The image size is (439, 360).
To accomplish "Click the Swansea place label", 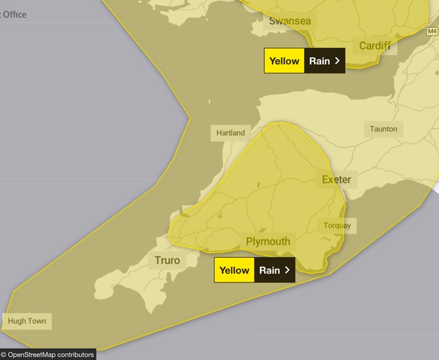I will [289, 21].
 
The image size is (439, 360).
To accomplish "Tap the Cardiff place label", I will [375, 46].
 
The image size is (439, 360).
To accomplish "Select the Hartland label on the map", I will [230, 132].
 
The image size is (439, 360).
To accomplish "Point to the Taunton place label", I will [383, 128].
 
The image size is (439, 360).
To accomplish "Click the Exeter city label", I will [336, 180].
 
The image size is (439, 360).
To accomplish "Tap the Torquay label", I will [337, 226].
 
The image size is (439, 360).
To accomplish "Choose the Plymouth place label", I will [268, 241].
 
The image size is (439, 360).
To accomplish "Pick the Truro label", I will [167, 261].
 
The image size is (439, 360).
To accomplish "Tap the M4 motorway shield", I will [431, 32].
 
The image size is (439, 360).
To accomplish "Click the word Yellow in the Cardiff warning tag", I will [284, 60].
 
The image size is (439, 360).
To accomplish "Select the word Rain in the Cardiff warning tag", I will [319, 60].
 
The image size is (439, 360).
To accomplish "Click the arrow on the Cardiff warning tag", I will [337, 60].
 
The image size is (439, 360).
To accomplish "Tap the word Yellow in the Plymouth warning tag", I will [234, 270].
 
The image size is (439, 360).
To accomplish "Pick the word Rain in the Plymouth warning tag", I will [269, 270].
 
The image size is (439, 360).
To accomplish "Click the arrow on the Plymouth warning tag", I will [287, 270].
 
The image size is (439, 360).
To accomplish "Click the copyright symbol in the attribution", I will [4, 355].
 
